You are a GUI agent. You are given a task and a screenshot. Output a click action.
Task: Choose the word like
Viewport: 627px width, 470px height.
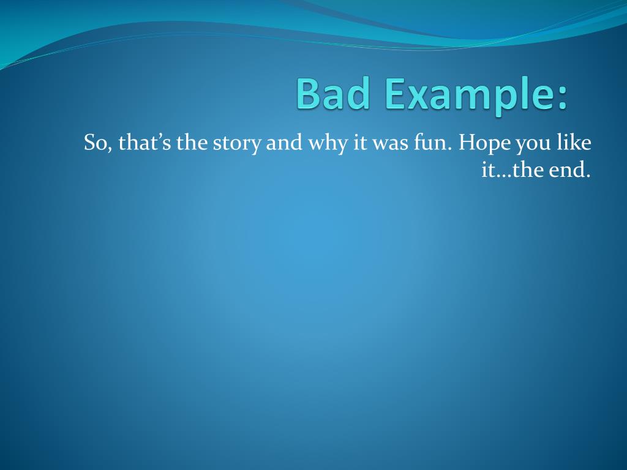[576, 144]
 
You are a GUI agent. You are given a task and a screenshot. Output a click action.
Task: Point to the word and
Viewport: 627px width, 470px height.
[283, 144]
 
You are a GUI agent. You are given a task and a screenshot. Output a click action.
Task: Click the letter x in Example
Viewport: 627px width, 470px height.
[422, 98]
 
